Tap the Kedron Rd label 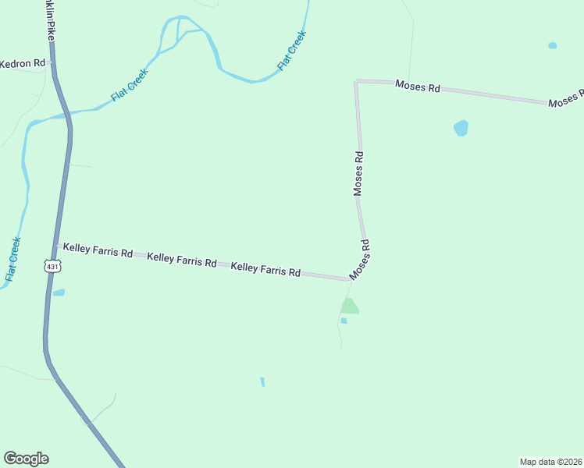click(23, 63)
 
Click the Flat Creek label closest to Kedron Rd click(129, 85)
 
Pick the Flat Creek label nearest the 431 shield click(12, 259)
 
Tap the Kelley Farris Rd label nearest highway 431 click(98, 250)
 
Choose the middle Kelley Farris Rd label click(181, 260)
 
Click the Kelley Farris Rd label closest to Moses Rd click(265, 270)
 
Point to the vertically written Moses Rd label click(358, 173)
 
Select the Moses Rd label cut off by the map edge click(565, 99)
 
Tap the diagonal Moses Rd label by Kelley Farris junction click(360, 260)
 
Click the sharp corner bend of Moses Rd click(358, 82)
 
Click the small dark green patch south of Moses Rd click(350, 306)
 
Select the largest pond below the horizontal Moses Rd click(461, 128)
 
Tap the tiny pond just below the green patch click(344, 321)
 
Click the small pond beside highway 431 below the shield click(59, 293)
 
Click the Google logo click(26, 459)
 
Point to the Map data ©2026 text click(550, 461)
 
